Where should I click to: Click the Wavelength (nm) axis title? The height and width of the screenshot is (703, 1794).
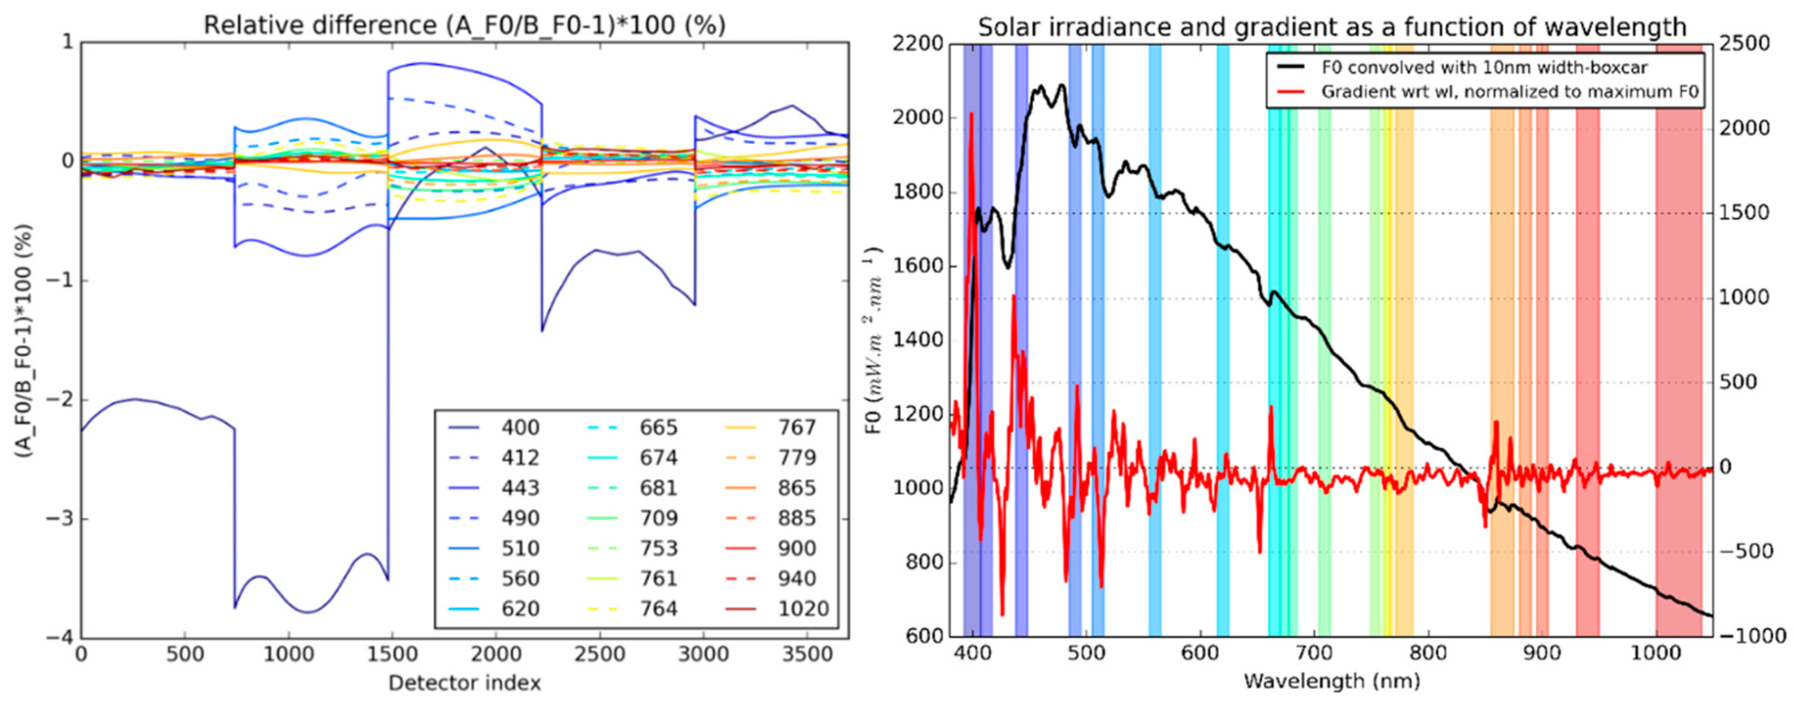point(1331,681)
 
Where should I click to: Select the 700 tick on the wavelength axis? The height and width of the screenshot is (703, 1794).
point(1314,654)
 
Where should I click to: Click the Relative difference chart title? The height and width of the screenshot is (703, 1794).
point(465,25)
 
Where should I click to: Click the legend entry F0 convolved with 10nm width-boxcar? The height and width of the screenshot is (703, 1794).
point(1483,68)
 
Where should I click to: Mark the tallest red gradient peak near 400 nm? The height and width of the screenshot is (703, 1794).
point(971,115)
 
